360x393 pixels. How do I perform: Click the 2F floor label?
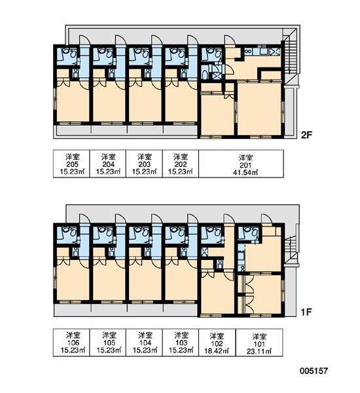coord(306,136)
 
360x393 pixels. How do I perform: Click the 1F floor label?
coord(306,312)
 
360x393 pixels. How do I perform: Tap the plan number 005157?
coord(314,371)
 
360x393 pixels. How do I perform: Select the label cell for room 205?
coord(71,164)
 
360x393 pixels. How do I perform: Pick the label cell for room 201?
coord(241,164)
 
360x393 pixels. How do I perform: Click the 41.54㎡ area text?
coord(245,172)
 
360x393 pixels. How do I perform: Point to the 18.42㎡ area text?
coord(217,350)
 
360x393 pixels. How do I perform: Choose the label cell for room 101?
coord(259,343)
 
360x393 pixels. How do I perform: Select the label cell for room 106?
coord(71,343)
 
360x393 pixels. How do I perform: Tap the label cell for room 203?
coord(144,164)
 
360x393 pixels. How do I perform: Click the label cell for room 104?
coord(144,343)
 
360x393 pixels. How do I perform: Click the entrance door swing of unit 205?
coord(84,40)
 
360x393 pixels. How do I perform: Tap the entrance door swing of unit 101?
coord(266,218)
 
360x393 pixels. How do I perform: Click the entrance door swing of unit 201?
coord(230,41)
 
